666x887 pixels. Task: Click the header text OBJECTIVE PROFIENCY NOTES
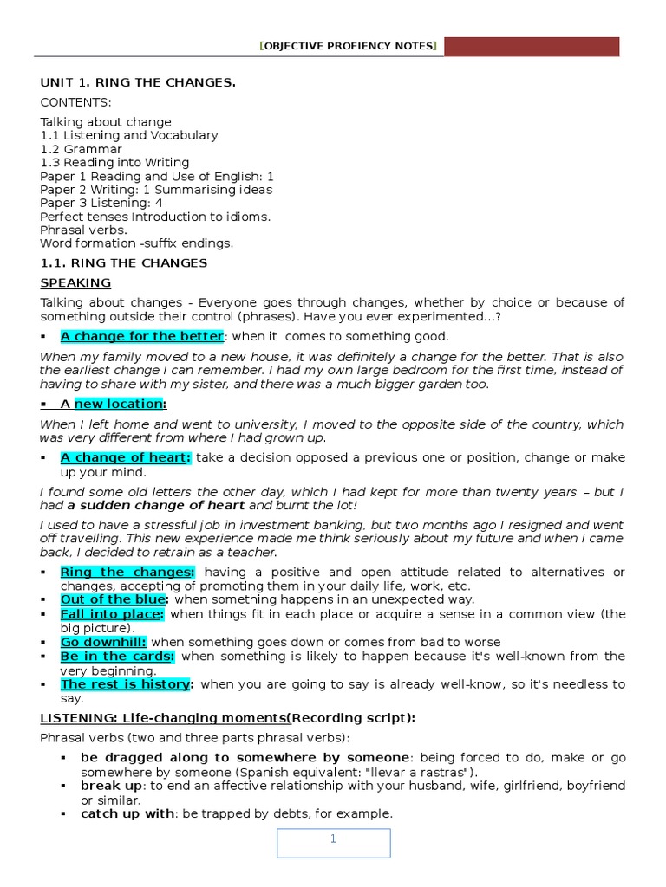tap(348, 46)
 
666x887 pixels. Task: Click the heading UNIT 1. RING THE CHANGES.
tap(138, 82)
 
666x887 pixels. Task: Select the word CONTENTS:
tap(75, 102)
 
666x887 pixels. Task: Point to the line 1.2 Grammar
tap(82, 149)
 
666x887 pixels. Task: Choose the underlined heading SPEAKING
tap(75, 282)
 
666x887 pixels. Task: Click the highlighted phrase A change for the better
tap(141, 336)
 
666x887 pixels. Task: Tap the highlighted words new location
tap(119, 404)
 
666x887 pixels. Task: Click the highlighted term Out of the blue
tap(113, 599)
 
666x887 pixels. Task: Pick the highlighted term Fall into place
tap(113, 614)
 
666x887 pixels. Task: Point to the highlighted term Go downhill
tap(103, 642)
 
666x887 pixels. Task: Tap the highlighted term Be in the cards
tap(117, 657)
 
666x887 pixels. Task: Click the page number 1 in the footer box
tap(333, 839)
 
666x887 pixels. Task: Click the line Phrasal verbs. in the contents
tap(83, 230)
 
